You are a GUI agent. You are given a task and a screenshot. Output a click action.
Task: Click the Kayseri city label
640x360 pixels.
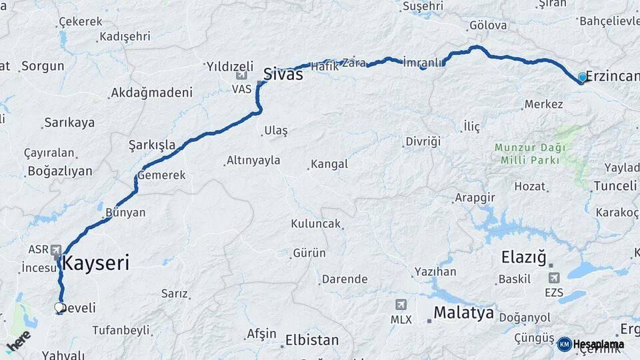coord(97,263)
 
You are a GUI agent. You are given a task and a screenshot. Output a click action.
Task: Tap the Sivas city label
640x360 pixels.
coord(283,74)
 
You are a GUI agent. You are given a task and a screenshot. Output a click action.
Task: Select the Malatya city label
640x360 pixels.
coord(463,313)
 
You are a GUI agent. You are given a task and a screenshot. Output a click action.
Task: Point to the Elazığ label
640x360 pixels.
coord(523,257)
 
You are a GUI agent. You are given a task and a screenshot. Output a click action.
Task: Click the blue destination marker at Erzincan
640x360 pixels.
coord(583,77)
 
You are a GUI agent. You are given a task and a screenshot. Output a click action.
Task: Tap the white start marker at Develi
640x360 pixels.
coord(59,307)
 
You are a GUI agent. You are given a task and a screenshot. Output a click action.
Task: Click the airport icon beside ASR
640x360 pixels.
coord(57,249)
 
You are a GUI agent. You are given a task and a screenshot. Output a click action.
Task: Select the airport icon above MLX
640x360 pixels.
coord(400,305)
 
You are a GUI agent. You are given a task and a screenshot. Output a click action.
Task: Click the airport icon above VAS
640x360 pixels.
coord(241,75)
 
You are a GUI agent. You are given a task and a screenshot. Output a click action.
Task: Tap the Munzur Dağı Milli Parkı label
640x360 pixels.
coord(530,153)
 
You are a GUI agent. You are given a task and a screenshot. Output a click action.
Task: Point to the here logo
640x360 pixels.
coord(18,341)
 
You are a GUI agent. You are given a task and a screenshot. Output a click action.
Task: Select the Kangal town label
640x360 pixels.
coord(329,164)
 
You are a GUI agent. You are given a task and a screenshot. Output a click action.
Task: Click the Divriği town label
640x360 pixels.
coord(423,141)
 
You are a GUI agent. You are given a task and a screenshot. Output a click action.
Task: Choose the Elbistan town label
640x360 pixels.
coord(312,339)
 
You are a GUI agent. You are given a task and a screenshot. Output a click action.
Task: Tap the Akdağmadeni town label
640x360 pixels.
coord(151,93)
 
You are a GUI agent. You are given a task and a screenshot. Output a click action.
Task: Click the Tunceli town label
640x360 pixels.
coord(615,185)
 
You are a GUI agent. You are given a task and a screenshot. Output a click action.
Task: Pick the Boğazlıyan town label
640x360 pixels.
coord(60,171)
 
